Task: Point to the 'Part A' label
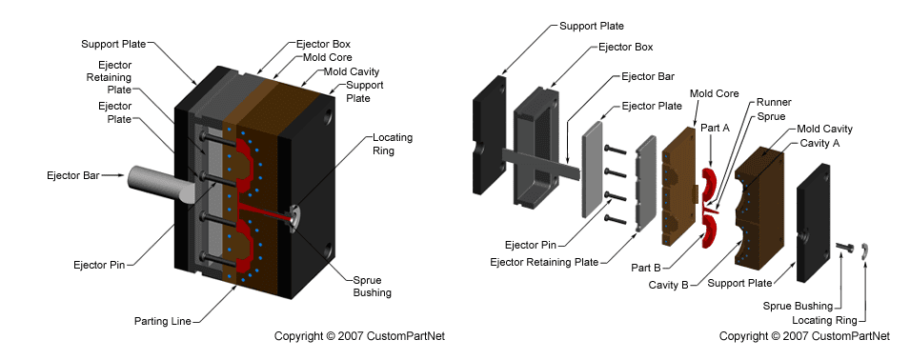(x=715, y=127)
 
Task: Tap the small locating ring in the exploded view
(x=863, y=250)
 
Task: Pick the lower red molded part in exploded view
(x=709, y=229)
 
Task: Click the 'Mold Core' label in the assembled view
(x=321, y=56)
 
